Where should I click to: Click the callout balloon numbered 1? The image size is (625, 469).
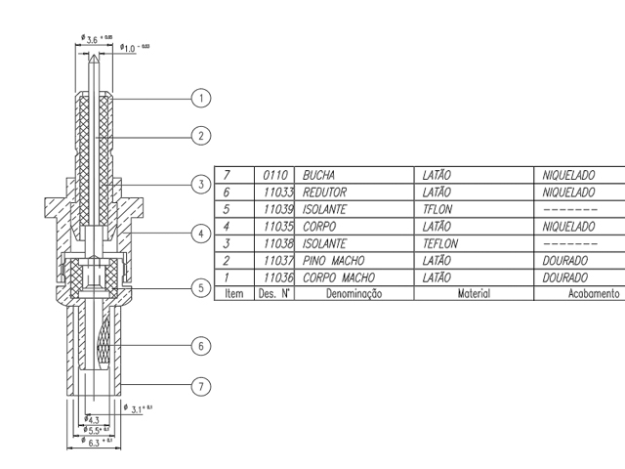pyautogui.click(x=201, y=98)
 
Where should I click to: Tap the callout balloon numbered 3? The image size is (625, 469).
pyautogui.click(x=201, y=184)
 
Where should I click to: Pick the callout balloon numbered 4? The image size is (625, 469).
pyautogui.click(x=201, y=234)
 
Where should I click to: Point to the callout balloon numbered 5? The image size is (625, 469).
pyautogui.click(x=201, y=288)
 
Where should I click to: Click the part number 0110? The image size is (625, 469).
pyautogui.click(x=280, y=173)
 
